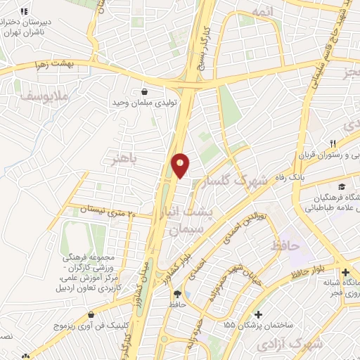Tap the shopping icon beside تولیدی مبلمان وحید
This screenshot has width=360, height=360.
145,91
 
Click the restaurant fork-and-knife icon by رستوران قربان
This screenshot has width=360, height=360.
323,143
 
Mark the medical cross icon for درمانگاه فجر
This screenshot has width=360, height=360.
345,272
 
